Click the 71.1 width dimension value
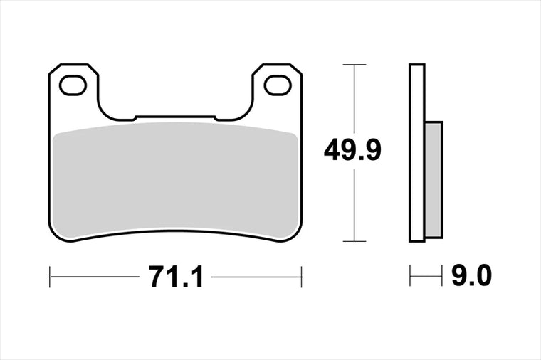pos(176,277)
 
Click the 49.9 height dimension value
pos(352,149)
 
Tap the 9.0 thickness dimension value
pos(471,276)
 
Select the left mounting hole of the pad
pos(73,85)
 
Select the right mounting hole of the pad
pos(278,85)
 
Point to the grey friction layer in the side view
pos(434,180)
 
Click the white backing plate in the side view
pos(417,153)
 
